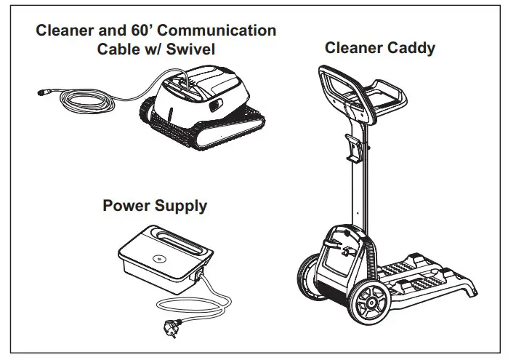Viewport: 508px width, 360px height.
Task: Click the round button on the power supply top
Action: tap(157, 258)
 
